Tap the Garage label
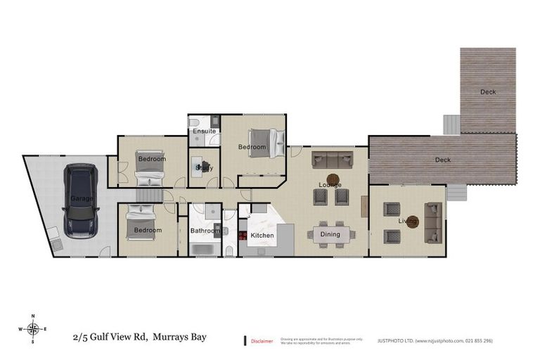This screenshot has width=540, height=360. point(81,199)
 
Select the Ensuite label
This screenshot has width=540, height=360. point(204,131)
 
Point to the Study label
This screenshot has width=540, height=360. point(205,168)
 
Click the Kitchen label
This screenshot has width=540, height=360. point(262,234)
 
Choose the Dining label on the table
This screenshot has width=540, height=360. point(330,234)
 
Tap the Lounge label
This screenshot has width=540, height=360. point(330,185)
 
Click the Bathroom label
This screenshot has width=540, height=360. point(205,230)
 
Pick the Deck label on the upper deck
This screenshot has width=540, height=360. point(488,92)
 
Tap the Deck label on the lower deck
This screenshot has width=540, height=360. point(442,160)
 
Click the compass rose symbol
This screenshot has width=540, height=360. point(32,328)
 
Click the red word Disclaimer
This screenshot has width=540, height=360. point(262,340)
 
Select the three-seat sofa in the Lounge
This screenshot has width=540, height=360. point(333,158)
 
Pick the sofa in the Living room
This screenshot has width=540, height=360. point(434,222)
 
